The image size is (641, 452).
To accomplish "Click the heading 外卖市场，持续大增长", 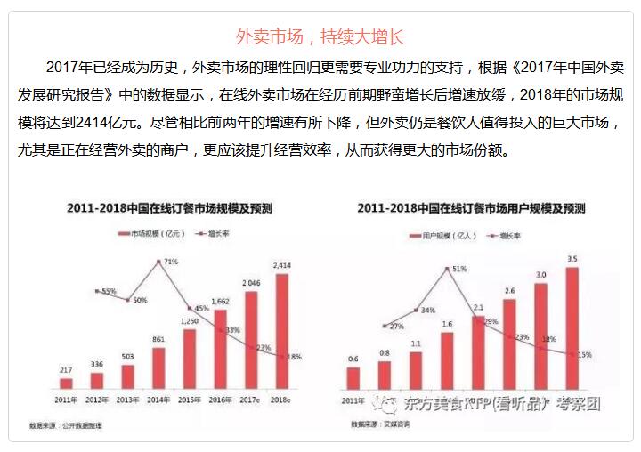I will (x=320, y=36).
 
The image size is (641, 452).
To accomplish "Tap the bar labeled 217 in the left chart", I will (x=66, y=383).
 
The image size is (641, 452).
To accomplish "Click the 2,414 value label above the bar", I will (x=282, y=265).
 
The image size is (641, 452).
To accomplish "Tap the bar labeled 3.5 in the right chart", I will (x=572, y=328).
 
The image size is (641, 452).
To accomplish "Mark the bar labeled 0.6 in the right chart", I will (x=353, y=378).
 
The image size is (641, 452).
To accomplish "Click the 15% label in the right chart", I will (x=584, y=355).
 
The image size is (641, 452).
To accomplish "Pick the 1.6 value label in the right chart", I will (x=447, y=324).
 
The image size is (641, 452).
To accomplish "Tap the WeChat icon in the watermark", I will (x=389, y=403).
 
